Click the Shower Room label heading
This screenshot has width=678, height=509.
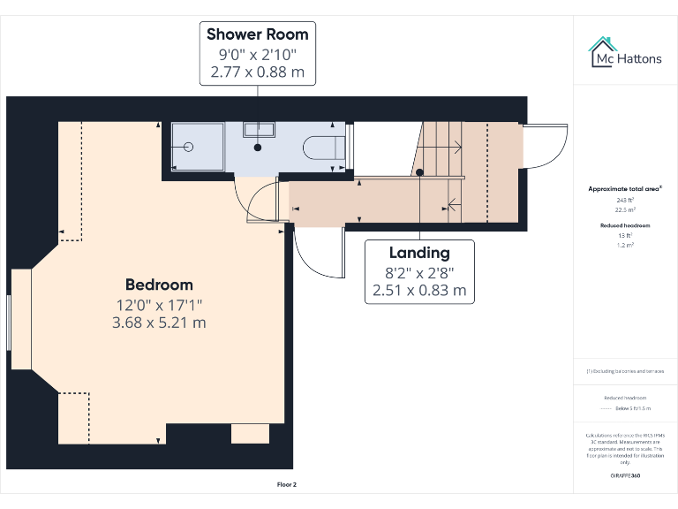258,34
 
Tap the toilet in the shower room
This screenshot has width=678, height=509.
321,147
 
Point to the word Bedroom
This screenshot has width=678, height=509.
159,285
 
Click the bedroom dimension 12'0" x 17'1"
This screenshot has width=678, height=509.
159,304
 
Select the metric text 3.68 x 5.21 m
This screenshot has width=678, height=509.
159,323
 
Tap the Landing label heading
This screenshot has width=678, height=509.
419,253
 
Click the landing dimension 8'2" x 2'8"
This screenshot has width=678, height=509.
419,272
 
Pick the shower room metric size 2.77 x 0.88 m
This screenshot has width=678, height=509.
258,72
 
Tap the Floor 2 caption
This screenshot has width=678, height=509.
287,484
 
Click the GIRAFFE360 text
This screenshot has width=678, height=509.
625,476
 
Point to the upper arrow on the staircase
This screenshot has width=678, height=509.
452,146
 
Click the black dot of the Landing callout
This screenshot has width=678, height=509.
420,172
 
